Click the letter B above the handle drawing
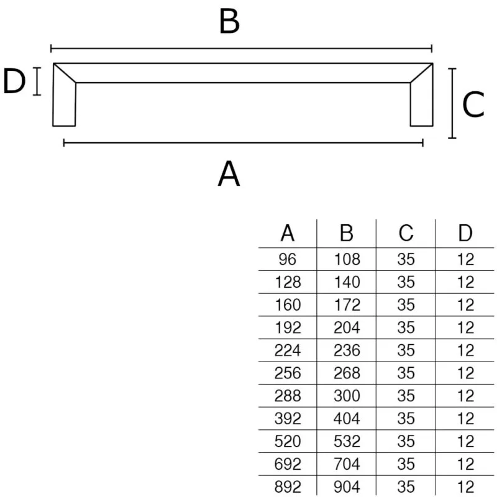pyautogui.click(x=229, y=22)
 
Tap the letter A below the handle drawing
pyautogui.click(x=229, y=173)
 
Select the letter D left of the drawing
pyautogui.click(x=14, y=81)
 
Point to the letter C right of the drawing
pyautogui.click(x=473, y=104)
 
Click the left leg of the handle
pyautogui.click(x=64, y=101)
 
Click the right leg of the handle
pyautogui.click(x=422, y=101)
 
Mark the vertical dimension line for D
pyautogui.click(x=37, y=81)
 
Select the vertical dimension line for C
pyautogui.click(x=452, y=103)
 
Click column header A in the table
pyautogui.click(x=288, y=234)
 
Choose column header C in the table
pyautogui.click(x=406, y=234)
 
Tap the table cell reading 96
pyautogui.click(x=288, y=259)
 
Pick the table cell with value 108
pyautogui.click(x=347, y=259)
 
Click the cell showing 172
pyautogui.click(x=347, y=305)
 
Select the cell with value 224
pyautogui.click(x=288, y=350)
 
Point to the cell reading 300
pyautogui.click(x=347, y=396)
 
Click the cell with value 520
pyautogui.click(x=288, y=442)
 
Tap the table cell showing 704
pyautogui.click(x=347, y=464)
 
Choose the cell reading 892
pyautogui.click(x=288, y=487)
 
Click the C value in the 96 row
pyautogui.click(x=406, y=259)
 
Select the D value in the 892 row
pyautogui.click(x=465, y=487)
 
